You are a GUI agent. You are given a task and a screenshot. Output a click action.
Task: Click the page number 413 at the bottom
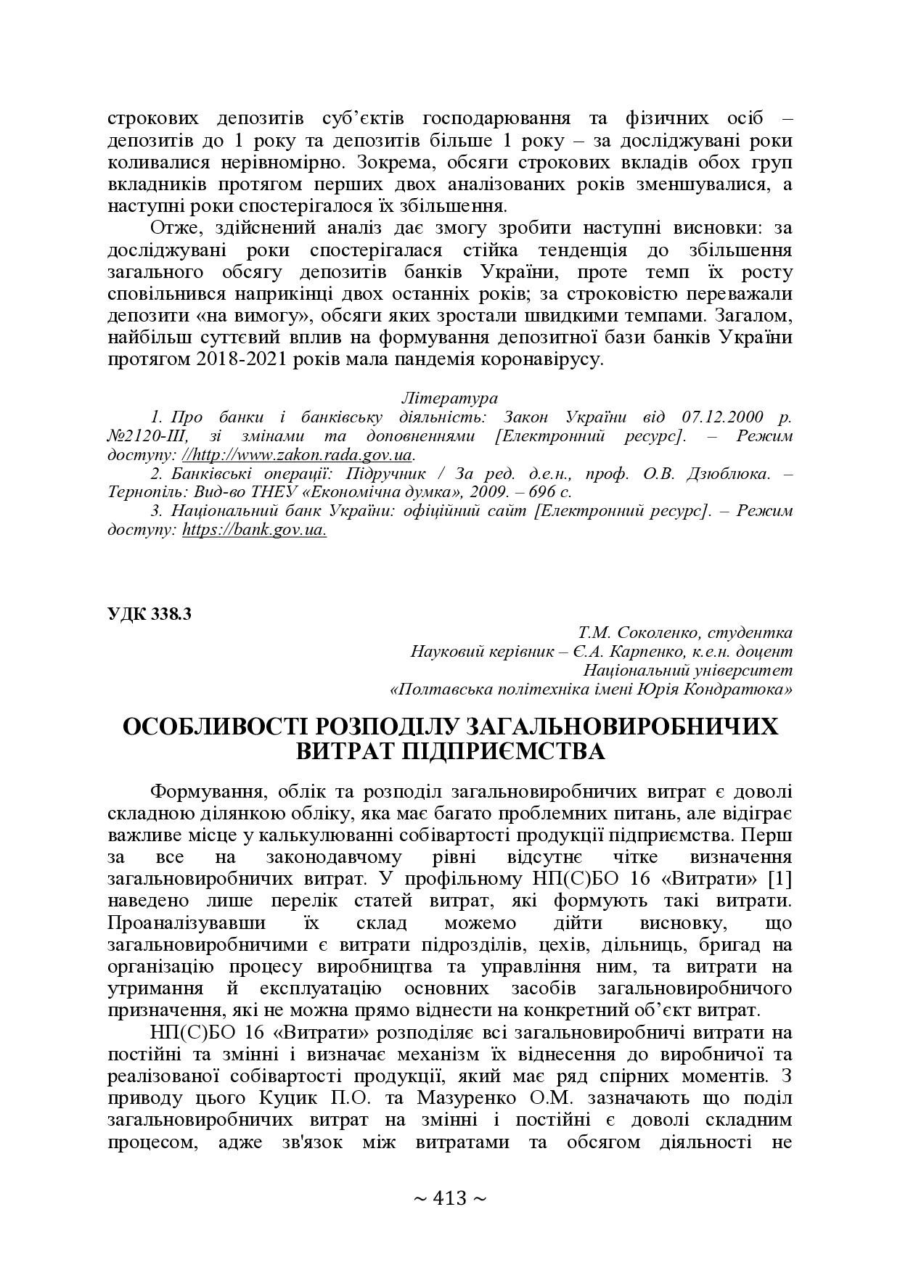point(449,1198)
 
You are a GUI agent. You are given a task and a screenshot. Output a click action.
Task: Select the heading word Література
point(449,398)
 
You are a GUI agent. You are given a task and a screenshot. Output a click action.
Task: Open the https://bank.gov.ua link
point(254,530)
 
